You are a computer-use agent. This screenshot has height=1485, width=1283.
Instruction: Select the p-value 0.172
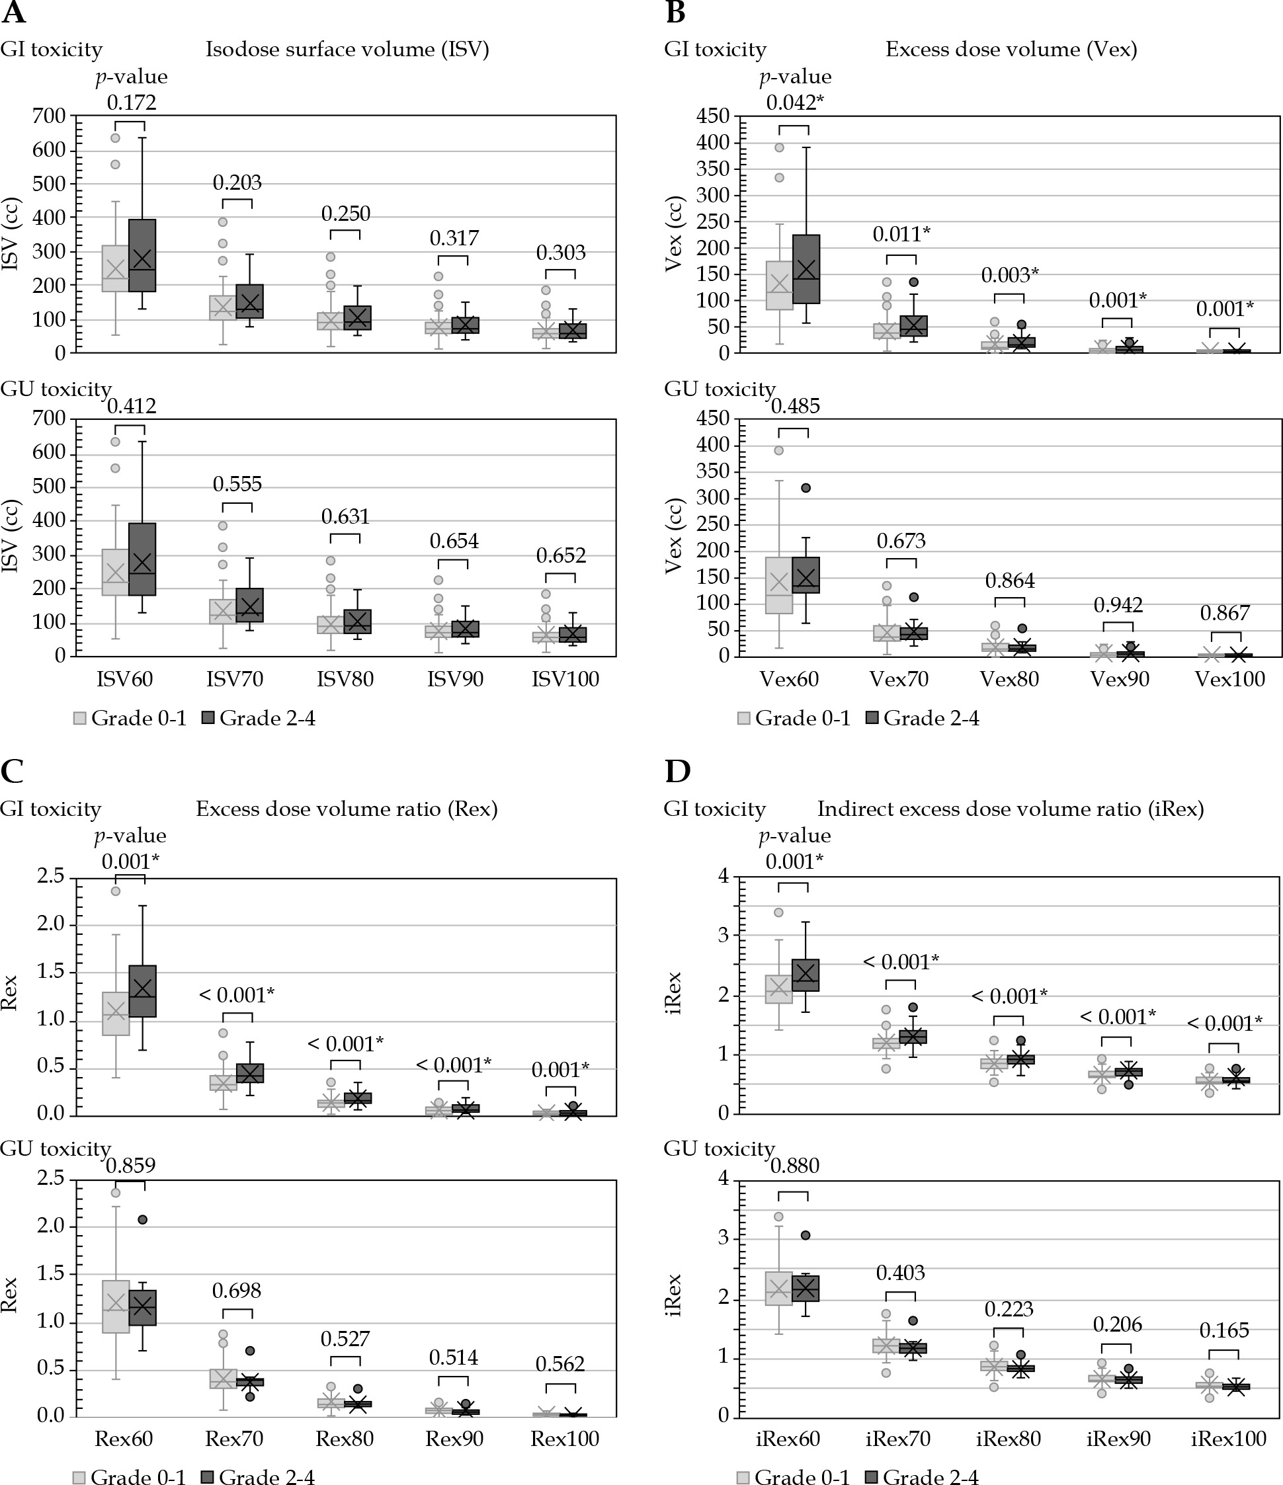click(x=131, y=103)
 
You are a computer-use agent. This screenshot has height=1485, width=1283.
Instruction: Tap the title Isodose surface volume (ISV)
click(x=347, y=50)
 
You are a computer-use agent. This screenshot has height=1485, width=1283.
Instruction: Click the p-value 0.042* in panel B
click(x=794, y=103)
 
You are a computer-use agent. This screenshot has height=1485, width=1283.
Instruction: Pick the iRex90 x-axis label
click(x=1118, y=1439)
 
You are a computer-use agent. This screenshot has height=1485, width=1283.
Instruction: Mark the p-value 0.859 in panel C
click(x=130, y=1166)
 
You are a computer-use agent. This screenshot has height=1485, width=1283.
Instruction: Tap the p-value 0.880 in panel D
click(x=794, y=1166)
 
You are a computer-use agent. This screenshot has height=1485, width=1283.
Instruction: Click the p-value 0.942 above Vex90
click(x=1118, y=606)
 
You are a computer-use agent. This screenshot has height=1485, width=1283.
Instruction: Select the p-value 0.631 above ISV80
click(x=345, y=517)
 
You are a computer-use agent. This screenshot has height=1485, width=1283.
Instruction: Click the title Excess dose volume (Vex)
click(x=1011, y=50)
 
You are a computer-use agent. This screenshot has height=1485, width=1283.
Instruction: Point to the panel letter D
click(x=677, y=772)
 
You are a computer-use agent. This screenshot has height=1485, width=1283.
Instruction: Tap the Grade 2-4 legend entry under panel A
click(x=259, y=718)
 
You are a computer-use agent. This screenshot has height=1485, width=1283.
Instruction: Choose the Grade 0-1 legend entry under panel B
click(x=794, y=718)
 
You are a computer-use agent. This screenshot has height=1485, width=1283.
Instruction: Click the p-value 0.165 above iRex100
click(x=1224, y=1331)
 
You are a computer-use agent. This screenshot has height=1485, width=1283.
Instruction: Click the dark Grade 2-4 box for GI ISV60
click(x=142, y=255)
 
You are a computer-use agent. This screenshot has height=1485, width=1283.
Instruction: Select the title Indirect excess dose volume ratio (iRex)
click(x=1011, y=809)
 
